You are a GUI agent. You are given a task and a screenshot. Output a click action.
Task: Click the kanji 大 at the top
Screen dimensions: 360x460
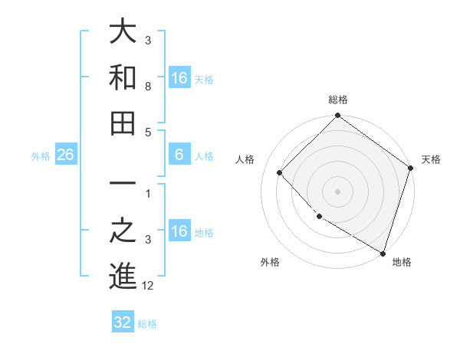pyautogui.click(x=123, y=33)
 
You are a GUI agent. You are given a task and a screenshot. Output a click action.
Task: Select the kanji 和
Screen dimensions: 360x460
pyautogui.click(x=123, y=77)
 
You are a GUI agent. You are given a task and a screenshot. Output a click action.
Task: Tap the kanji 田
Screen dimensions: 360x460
pyautogui.click(x=123, y=123)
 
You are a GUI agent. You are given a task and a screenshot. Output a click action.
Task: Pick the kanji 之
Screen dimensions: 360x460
pyautogui.click(x=123, y=231)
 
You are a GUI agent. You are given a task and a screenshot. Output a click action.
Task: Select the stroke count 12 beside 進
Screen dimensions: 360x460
pyautogui.click(x=149, y=286)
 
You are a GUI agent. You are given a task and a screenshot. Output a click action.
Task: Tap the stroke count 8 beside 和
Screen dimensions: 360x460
pyautogui.click(x=147, y=87)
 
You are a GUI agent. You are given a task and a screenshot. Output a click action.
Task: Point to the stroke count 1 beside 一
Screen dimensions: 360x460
pyautogui.click(x=147, y=194)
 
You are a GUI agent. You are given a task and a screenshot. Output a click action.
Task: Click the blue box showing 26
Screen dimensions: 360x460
pyautogui.click(x=66, y=155)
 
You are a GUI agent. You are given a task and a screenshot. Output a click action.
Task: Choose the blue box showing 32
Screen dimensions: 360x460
pyautogui.click(x=123, y=322)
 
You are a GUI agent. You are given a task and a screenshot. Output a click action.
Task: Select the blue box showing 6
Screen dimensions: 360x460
pyautogui.click(x=179, y=155)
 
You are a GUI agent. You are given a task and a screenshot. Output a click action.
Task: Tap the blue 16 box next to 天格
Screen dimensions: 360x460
pyautogui.click(x=179, y=78)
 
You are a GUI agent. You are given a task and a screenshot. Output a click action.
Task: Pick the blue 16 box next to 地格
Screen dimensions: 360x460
pyautogui.click(x=179, y=231)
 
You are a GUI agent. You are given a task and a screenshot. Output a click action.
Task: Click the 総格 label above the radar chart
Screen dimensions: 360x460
pyautogui.click(x=338, y=100)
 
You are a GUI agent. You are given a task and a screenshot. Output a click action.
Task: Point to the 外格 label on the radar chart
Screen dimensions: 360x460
pyautogui.click(x=270, y=262)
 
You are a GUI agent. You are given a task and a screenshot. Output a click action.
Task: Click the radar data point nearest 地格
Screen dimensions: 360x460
pyautogui.click(x=383, y=253)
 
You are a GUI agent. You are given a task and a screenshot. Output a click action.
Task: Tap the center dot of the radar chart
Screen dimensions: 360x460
pyautogui.click(x=338, y=191)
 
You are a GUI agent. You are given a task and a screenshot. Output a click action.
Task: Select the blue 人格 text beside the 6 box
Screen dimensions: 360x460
pyautogui.click(x=204, y=156)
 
